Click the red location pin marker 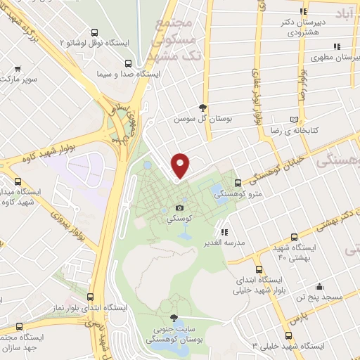pos(181,165)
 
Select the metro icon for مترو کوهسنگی pos(238,184)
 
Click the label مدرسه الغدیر pos(224,243)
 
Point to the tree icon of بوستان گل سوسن pos(203,108)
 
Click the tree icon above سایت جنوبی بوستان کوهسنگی pos(174,317)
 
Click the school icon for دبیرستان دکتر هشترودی pos(302,12)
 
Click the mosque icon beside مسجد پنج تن pos(320,286)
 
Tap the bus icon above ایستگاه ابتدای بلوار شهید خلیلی pos(259,269)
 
